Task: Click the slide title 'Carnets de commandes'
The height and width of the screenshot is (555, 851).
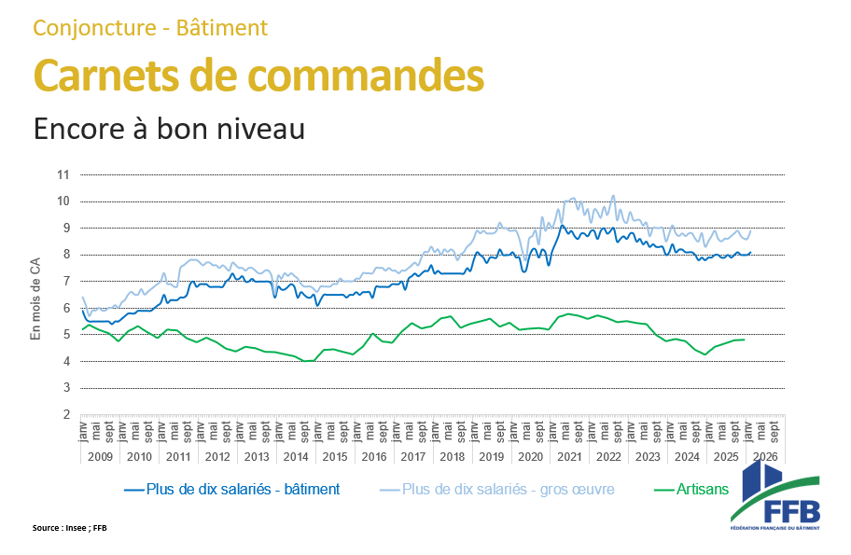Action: (258, 75)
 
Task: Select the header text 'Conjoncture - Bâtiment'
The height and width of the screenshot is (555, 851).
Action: (150, 28)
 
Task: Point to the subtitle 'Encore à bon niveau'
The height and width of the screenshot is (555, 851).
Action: (169, 129)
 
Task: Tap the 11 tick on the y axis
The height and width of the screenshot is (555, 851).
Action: (63, 174)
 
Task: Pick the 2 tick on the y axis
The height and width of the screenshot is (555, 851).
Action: (65, 415)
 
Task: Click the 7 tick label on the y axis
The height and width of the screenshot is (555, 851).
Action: (65, 282)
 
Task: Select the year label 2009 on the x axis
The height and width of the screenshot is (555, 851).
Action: (100, 457)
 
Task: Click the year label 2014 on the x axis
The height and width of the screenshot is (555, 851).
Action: (295, 457)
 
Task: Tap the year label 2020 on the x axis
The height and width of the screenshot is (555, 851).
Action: (530, 457)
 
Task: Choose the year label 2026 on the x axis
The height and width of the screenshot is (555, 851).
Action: (765, 457)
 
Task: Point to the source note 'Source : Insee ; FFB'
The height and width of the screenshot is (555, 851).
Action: (70, 528)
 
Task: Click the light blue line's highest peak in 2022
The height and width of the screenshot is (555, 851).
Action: (613, 196)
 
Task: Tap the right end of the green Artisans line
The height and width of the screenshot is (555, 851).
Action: (744, 340)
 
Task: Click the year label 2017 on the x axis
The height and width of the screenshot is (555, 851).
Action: (412, 457)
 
